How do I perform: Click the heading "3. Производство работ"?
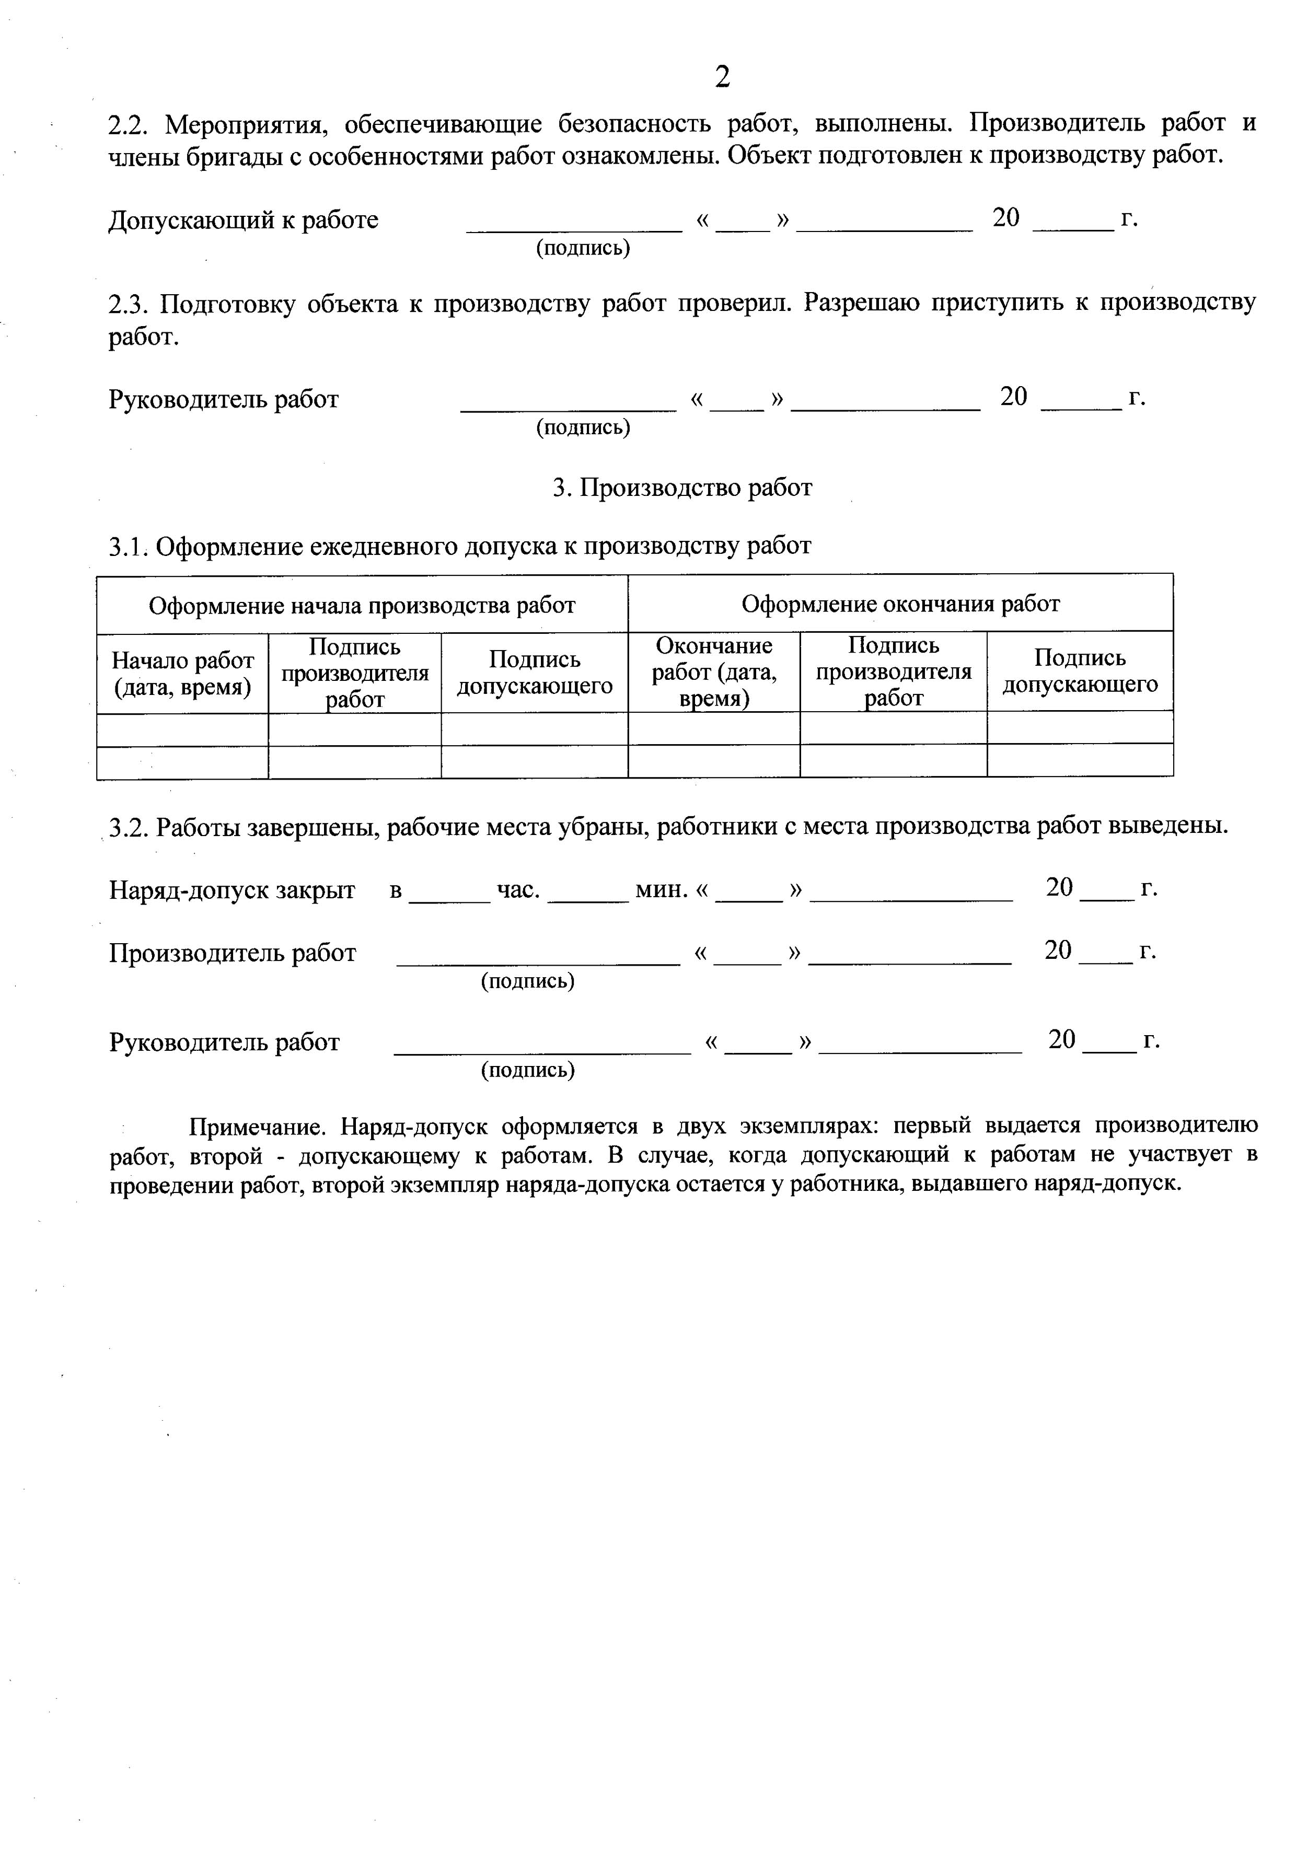pyautogui.click(x=682, y=488)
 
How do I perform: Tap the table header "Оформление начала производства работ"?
pyautogui.click(x=362, y=605)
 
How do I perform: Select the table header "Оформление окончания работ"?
pyautogui.click(x=900, y=604)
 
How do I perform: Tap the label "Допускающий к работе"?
pyautogui.click(x=243, y=220)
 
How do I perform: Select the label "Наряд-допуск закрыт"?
pyautogui.click(x=232, y=889)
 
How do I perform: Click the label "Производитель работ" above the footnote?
pyautogui.click(x=232, y=953)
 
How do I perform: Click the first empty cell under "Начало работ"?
pyautogui.click(x=182, y=729)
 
